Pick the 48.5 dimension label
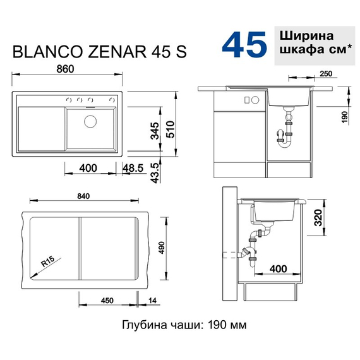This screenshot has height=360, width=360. pos(135,168)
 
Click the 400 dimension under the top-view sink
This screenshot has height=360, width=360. pos(88,168)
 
